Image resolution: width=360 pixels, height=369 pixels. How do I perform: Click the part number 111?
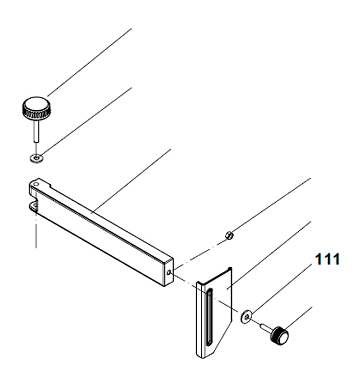pos(327,259)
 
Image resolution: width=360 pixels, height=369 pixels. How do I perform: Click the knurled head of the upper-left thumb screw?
pos(36,108)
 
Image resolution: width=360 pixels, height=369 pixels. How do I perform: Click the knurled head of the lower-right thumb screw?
pos(280,335)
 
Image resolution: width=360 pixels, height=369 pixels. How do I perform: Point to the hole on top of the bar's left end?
pos(36,183)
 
